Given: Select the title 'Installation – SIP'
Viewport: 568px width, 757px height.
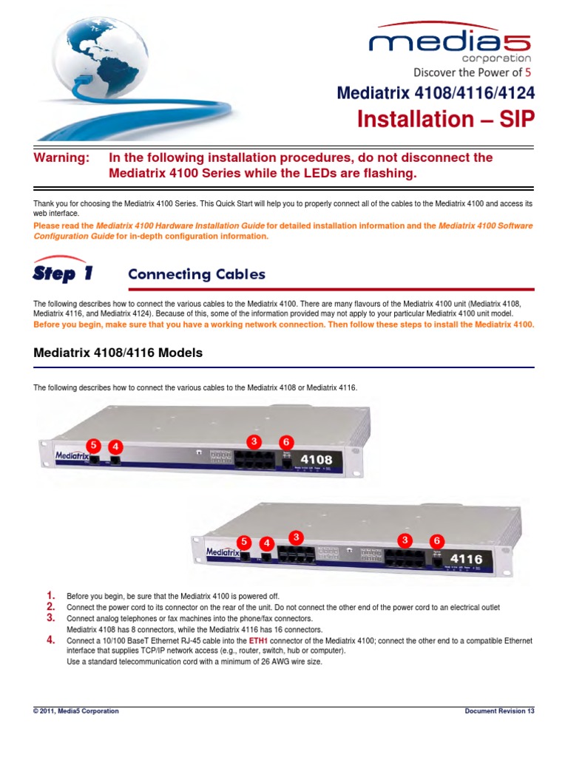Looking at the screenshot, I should [445, 119].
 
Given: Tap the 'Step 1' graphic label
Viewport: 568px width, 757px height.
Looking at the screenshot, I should [63, 273].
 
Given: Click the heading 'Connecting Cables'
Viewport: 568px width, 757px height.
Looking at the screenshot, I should [196, 274].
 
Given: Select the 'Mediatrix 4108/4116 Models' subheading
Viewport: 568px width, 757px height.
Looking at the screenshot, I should [118, 353].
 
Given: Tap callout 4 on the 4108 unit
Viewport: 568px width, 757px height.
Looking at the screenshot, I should [115, 447].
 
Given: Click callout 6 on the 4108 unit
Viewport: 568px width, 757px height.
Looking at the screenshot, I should [286, 441].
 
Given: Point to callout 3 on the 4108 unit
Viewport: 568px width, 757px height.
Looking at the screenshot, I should [254, 441].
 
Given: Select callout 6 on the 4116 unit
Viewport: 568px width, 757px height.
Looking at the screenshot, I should [437, 540].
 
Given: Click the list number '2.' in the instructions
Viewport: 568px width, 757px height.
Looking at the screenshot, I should [51, 607].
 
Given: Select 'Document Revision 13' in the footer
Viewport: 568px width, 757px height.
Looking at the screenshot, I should [499, 711].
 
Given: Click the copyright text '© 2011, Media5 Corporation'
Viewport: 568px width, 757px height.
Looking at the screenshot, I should [76, 711].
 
